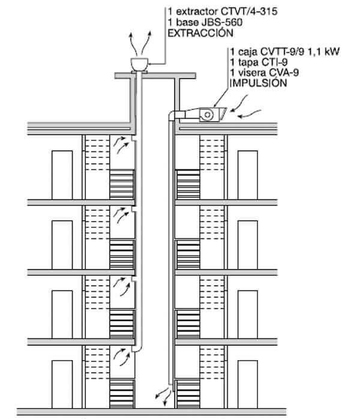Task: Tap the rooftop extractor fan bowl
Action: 140,62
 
